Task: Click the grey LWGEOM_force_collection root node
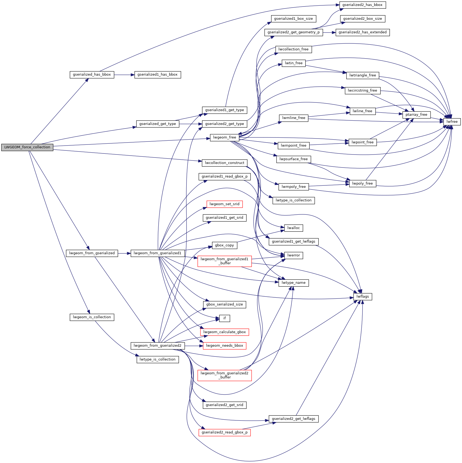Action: click(x=27, y=147)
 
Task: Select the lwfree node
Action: click(x=452, y=122)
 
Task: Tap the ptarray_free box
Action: click(x=416, y=115)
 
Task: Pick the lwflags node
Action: click(x=362, y=297)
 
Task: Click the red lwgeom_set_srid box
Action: click(x=224, y=204)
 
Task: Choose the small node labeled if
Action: click(x=224, y=318)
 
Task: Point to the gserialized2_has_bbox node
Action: click(x=362, y=5)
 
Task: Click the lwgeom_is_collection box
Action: click(x=92, y=317)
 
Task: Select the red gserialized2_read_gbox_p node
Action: click(x=224, y=432)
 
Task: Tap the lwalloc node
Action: click(x=293, y=228)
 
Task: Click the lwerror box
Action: click(x=293, y=255)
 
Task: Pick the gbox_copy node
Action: click(x=224, y=245)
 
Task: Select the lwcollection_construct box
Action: click(x=224, y=163)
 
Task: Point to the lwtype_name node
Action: click(x=293, y=283)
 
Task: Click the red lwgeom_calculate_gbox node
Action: click(x=224, y=332)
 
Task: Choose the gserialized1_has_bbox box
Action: click(x=158, y=75)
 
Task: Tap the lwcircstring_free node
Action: click(x=362, y=91)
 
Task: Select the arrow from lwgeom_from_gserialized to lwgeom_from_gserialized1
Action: click(x=124, y=253)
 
